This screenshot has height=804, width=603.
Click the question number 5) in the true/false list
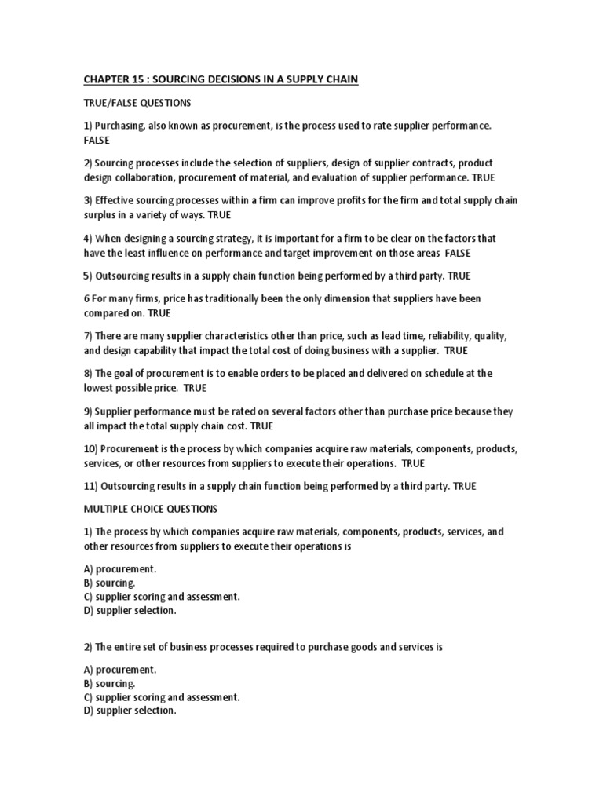pos(87,276)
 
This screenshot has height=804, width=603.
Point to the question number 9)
pos(88,411)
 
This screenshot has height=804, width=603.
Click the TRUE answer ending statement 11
pos(464,487)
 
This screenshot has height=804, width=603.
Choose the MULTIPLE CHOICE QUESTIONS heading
pos(151,509)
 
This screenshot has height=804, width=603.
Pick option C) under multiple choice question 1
pos(161,597)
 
